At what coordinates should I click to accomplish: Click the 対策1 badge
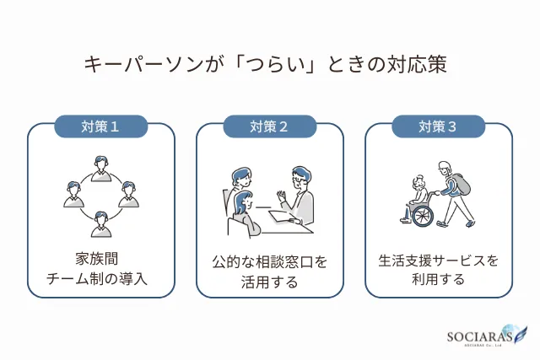tap(100, 127)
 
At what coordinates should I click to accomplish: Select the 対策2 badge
tap(269, 127)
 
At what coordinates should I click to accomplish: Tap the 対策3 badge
tap(438, 127)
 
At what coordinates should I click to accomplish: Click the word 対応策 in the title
tap(421, 64)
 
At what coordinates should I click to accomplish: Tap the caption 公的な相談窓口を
tap(269, 262)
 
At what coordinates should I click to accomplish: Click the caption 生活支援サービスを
tap(438, 261)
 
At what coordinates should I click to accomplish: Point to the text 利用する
tap(438, 280)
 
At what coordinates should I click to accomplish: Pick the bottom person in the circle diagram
tap(101, 223)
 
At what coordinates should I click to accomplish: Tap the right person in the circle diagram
tap(129, 194)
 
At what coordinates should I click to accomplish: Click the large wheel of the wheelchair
tap(422, 216)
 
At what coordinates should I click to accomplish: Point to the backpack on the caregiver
tap(462, 185)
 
